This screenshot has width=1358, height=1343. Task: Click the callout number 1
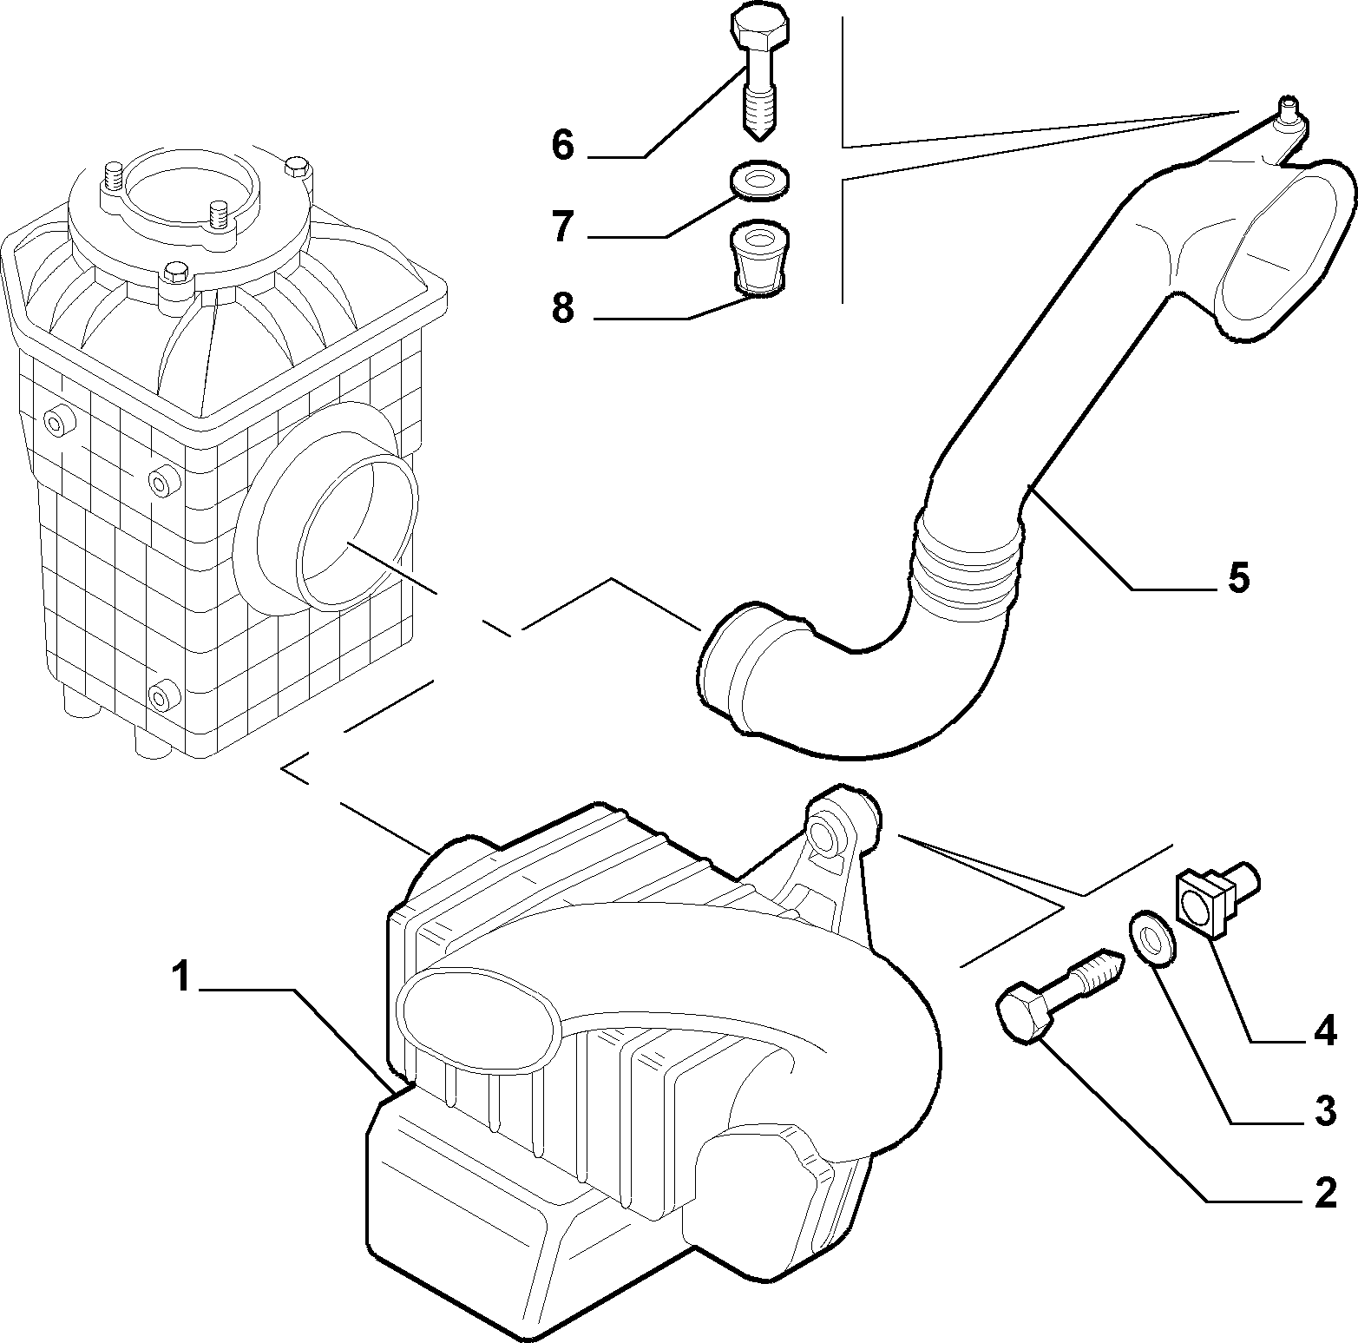pos(180,978)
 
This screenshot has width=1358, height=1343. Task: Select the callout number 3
pos(1324,1112)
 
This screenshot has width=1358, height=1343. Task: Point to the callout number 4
pos(1324,1031)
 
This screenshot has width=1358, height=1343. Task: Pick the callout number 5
pos(1238,577)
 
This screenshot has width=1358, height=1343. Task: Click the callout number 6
pos(563,145)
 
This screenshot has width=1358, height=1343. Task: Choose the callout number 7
pos(563,227)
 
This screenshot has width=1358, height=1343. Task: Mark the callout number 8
pos(563,307)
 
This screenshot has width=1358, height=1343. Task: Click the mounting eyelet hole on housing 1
pos(823,833)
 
